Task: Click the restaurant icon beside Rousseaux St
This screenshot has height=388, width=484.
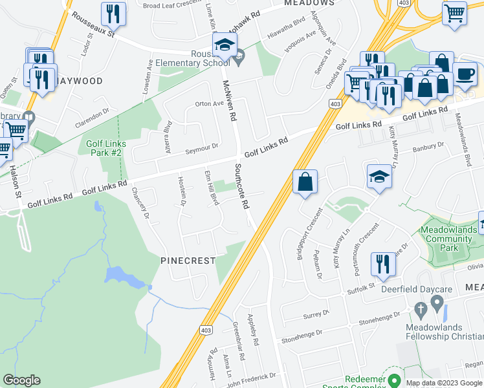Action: click(114, 13)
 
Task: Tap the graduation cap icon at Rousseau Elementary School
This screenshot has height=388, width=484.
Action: click(224, 45)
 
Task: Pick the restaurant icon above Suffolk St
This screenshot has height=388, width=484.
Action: click(382, 263)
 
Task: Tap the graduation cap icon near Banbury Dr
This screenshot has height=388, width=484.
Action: click(379, 176)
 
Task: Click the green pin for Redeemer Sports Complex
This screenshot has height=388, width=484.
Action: click(393, 380)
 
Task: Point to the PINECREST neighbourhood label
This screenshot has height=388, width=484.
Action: click(188, 260)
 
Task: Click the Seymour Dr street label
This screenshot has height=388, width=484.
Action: click(203, 148)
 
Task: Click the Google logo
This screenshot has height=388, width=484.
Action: click(22, 380)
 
